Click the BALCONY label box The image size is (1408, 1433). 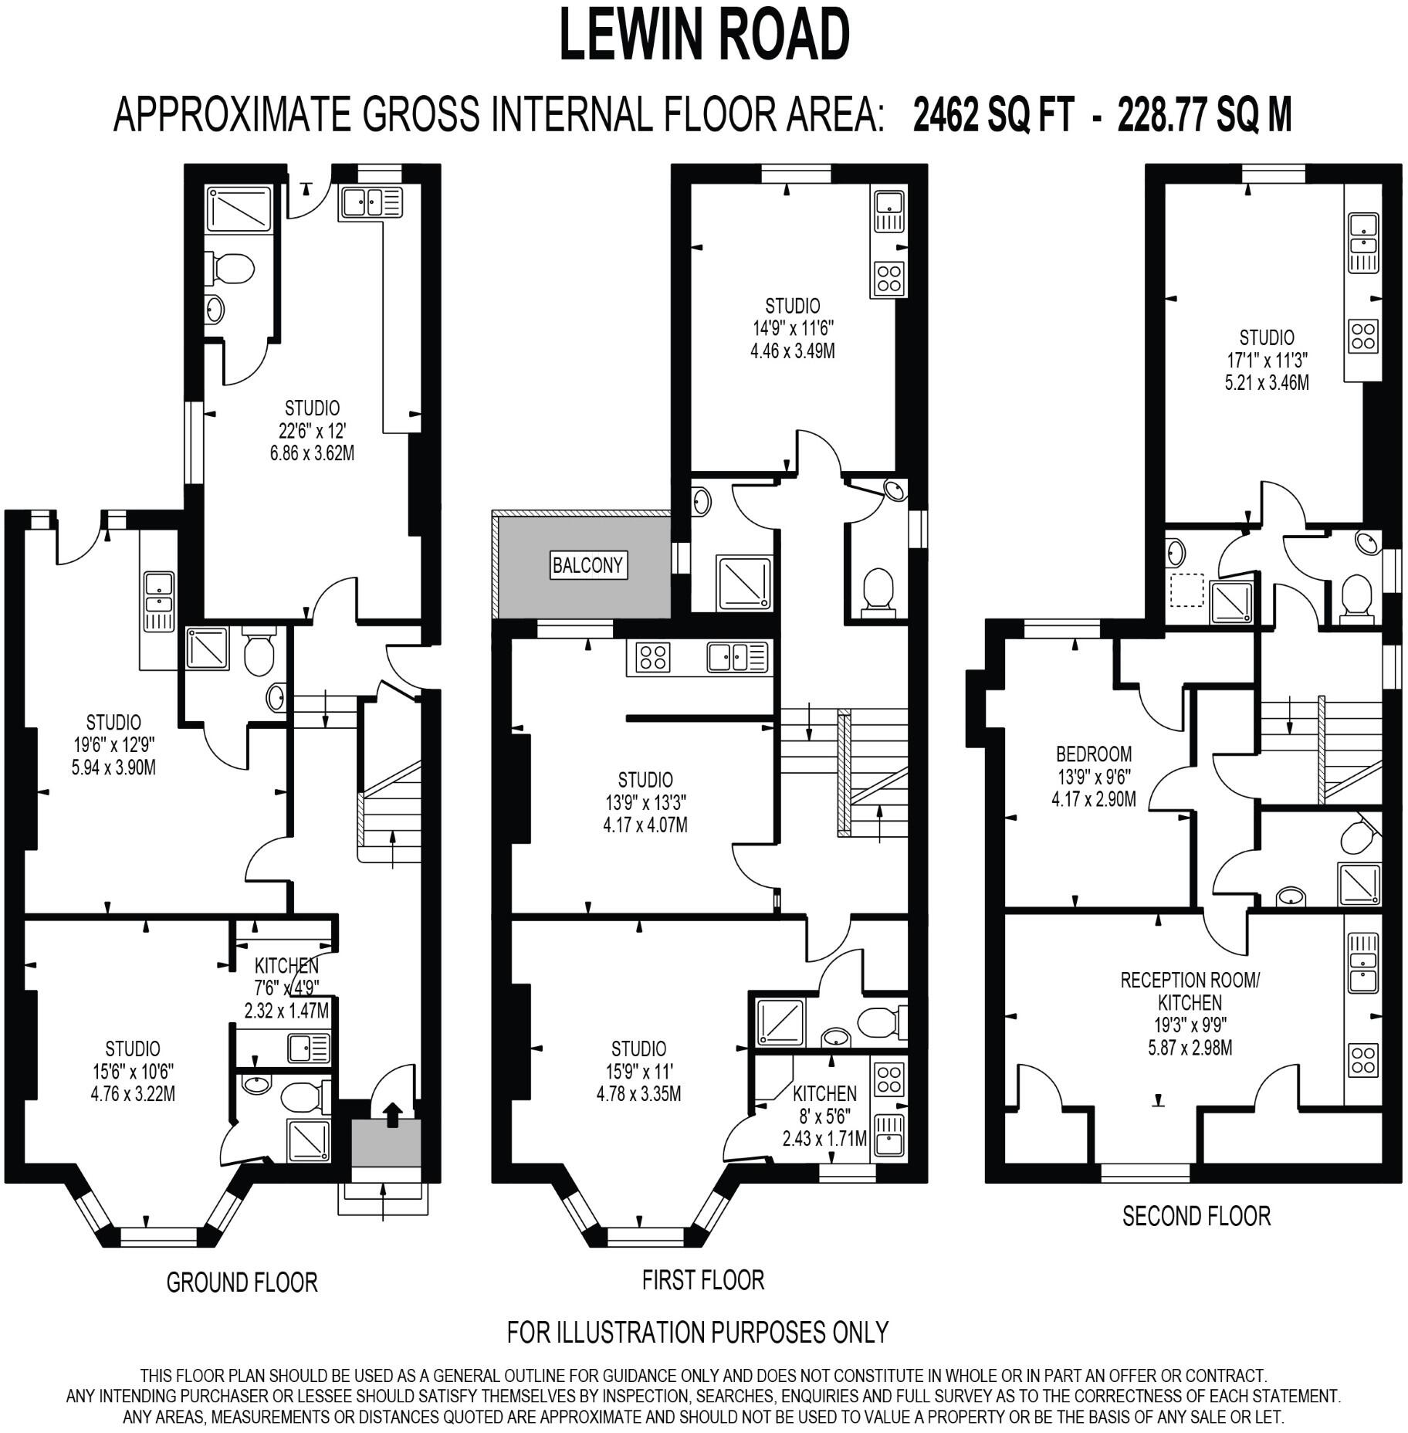587,565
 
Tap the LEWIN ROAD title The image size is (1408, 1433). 703,36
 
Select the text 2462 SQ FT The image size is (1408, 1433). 993,116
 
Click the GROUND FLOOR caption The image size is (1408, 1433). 242,1282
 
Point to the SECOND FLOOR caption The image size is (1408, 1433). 1196,1216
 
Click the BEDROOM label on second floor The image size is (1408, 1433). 1094,753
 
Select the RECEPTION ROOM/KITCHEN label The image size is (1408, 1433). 1190,991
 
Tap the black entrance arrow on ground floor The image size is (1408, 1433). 393,1114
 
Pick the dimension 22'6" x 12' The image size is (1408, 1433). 312,430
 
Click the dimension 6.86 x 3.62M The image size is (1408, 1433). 312,452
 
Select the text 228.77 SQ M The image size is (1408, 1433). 1203,116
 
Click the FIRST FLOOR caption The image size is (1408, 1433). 702,1280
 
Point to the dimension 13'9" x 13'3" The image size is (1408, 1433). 645,802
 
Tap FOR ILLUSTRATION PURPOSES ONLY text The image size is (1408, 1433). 698,1332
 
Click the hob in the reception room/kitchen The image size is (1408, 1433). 1362,1060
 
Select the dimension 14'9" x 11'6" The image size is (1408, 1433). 792,328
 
